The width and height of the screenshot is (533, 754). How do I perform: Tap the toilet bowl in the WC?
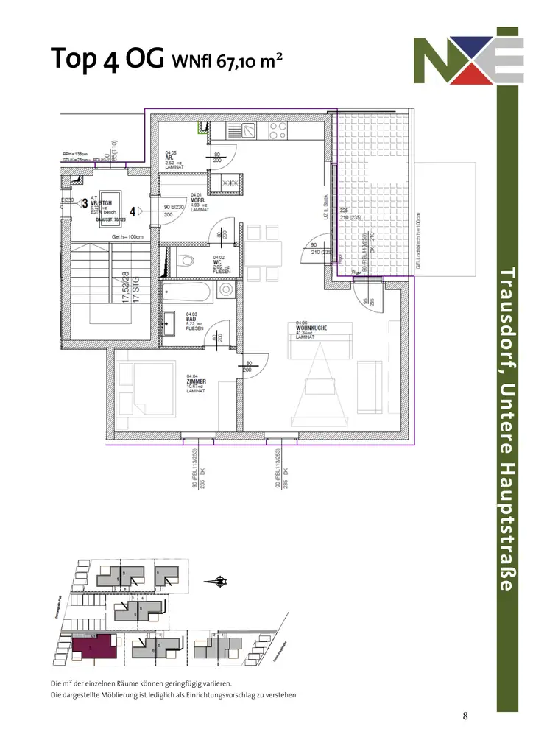[186, 259]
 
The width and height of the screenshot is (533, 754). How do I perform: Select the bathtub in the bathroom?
[187, 292]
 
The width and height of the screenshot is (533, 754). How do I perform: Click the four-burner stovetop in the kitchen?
[278, 131]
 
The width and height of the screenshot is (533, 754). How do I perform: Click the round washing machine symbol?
[225, 291]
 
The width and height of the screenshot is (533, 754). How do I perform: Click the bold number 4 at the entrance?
[133, 211]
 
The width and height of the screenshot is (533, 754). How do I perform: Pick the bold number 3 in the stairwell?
[85, 202]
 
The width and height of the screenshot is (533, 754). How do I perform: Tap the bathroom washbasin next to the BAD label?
[168, 320]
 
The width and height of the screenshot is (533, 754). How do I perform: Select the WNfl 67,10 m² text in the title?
[227, 60]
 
